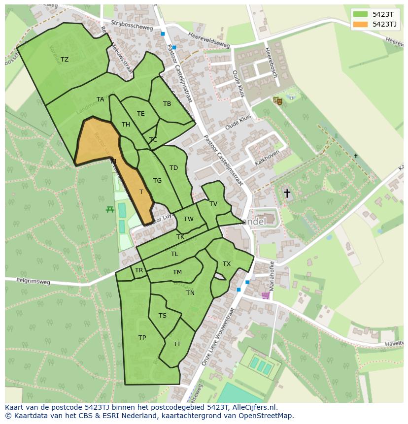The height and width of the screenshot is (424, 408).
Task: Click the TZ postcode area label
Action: coord(65,60)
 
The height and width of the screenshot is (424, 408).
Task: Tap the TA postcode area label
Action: coord(101,99)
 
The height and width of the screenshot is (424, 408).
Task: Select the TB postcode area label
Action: coord(167,104)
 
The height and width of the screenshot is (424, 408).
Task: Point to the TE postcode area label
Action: coord(141,114)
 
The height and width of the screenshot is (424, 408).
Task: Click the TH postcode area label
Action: coord(126,125)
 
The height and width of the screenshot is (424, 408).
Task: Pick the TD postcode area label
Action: coord(173,168)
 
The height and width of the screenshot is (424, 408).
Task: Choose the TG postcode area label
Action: coord(157,181)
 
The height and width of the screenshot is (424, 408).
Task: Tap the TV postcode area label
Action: coord(213,204)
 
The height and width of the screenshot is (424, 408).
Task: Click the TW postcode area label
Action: coord(189,219)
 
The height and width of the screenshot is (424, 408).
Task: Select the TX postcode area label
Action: coord(227,264)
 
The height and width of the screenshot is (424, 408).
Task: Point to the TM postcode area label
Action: coord(177,272)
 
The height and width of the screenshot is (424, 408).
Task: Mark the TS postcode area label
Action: coord(163,316)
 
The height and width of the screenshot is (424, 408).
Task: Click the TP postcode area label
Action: coord(142,338)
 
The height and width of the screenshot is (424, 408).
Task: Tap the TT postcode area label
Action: coord(177,344)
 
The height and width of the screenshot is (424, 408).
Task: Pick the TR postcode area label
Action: coord(139,270)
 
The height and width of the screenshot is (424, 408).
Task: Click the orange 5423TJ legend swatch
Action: coord(360,24)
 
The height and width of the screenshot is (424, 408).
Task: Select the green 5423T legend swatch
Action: coord(360,14)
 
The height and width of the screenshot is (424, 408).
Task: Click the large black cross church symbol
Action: coord(287,193)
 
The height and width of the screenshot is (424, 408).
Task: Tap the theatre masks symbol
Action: coord(278,101)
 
